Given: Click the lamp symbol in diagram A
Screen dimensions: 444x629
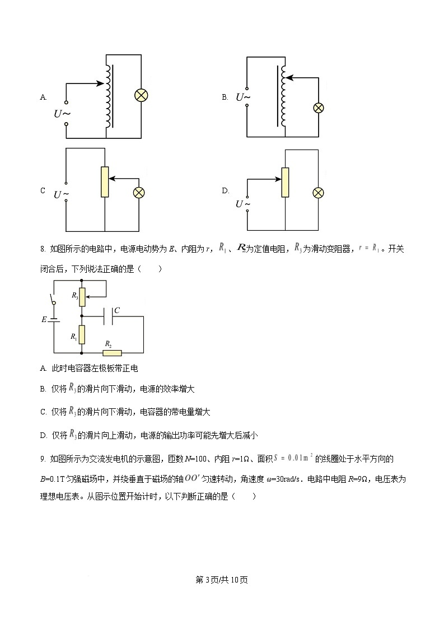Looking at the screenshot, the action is tap(141, 96).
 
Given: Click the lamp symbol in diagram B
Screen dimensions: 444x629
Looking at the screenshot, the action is tap(318, 108).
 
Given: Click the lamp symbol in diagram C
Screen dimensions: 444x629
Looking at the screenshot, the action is tap(138, 193).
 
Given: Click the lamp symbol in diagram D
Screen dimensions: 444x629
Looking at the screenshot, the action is tap(318, 192).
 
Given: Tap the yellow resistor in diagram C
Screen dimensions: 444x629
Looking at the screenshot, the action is tap(105, 182).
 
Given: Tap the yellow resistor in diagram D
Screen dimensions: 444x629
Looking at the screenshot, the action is tap(285, 182).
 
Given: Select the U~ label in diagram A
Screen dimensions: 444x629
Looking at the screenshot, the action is tap(62, 113).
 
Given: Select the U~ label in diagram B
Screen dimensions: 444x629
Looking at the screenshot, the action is tap(243, 97).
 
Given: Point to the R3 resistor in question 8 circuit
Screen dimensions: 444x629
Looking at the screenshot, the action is tap(82, 297).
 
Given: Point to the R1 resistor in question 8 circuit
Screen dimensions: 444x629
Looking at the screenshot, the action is tap(82, 335).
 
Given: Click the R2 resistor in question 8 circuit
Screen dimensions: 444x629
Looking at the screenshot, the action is tap(112, 353).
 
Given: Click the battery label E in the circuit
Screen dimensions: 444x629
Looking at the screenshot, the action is tap(44, 320).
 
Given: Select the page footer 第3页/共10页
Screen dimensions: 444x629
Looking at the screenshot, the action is tap(222, 580).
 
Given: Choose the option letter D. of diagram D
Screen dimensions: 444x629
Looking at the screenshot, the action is tap(226, 190).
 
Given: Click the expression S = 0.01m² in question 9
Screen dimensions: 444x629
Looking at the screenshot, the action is tap(293, 459).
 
